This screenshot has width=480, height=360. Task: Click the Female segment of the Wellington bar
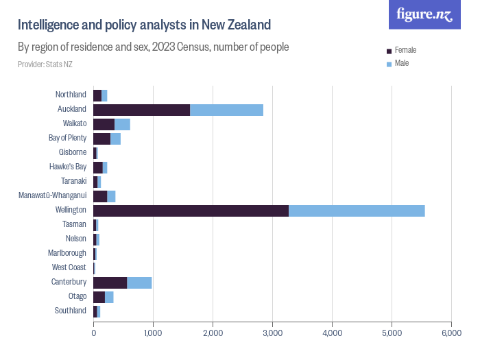click(x=191, y=211)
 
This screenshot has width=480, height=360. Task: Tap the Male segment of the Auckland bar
click(x=226, y=110)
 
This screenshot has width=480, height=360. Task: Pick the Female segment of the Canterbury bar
click(x=110, y=283)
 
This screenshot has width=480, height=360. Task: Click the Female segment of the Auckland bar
click(x=141, y=110)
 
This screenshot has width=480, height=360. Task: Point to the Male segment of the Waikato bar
click(x=122, y=124)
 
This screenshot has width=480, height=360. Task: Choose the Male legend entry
click(x=401, y=63)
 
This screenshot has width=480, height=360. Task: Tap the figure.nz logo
click(x=425, y=15)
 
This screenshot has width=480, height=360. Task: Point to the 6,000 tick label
click(x=451, y=333)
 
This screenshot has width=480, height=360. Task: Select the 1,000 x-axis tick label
click(x=153, y=333)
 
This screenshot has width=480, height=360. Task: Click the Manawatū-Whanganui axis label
click(x=53, y=196)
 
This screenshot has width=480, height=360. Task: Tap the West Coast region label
click(x=69, y=267)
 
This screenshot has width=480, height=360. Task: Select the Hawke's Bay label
click(x=68, y=167)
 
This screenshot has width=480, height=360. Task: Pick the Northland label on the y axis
click(x=71, y=95)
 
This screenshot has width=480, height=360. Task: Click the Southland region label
click(x=71, y=311)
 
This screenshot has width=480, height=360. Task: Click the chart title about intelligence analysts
click(x=144, y=25)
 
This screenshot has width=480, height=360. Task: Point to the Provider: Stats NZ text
click(x=45, y=64)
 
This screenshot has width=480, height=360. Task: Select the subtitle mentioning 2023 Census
click(x=153, y=47)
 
